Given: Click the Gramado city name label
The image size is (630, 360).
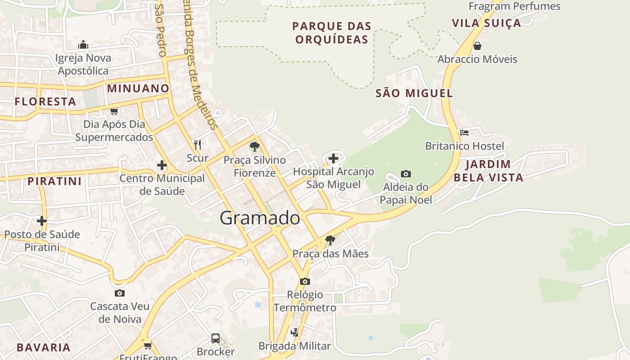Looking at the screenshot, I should click(x=260, y=218).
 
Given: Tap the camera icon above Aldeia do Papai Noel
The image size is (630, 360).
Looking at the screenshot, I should click(x=405, y=174).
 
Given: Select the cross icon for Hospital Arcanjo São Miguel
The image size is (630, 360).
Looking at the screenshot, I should click(x=333, y=158).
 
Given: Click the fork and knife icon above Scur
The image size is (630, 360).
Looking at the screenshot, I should click(x=197, y=144).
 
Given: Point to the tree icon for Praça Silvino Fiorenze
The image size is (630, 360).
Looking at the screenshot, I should click(x=255, y=146).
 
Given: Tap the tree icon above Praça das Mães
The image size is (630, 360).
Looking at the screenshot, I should click(x=330, y=240).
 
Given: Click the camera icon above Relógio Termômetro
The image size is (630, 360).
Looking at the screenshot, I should click(x=305, y=281).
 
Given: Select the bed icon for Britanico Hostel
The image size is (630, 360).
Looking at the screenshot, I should click(x=464, y=133).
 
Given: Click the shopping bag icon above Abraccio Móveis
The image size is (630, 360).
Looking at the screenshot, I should click(x=477, y=46).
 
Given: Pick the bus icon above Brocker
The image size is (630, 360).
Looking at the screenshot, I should click(x=216, y=338).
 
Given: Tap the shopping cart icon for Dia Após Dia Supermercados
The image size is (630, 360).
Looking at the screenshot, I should click(x=114, y=111).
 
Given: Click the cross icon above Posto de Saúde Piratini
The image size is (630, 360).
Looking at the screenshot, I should click(x=42, y=221).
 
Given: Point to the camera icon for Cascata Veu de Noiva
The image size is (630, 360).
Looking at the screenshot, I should click(x=120, y=293).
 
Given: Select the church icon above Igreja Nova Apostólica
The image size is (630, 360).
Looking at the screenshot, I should click(x=83, y=45).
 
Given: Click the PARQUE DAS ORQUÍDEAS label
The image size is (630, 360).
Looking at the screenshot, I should click(x=332, y=33).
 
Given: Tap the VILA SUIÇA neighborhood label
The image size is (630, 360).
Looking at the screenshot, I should click(x=486, y=23).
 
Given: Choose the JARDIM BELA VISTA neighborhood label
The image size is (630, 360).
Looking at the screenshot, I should click(x=488, y=171).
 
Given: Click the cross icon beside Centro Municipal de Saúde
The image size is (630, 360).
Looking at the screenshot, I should click(x=162, y=165).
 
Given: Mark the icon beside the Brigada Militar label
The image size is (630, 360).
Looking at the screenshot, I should click(x=295, y=333).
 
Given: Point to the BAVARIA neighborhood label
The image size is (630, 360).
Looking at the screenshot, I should click(x=44, y=347).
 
